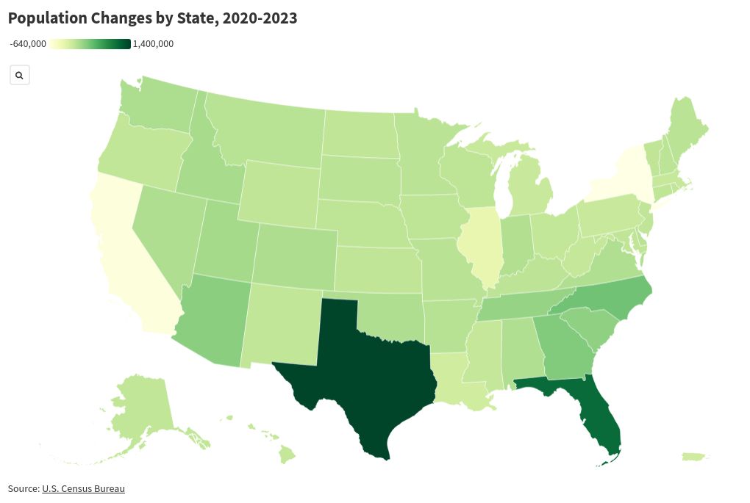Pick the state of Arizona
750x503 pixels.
(213, 319)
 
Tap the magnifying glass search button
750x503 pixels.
(19, 75)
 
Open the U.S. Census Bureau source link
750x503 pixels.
(83, 488)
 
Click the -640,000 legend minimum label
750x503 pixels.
(28, 44)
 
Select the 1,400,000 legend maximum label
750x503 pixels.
(153, 44)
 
